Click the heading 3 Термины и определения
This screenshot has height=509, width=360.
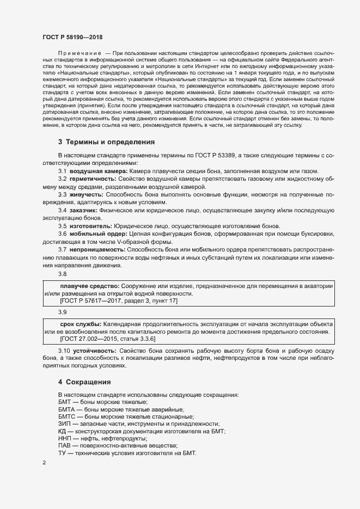(107, 142)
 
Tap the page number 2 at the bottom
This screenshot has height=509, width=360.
(45, 463)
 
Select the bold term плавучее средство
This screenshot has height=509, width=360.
(89, 286)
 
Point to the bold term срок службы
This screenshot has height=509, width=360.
(81, 323)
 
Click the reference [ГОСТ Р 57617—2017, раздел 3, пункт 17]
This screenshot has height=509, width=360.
(118, 301)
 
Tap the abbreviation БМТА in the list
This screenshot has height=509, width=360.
(67, 409)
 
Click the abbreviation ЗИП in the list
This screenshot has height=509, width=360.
(65, 424)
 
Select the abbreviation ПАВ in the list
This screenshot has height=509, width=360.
(65, 445)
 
